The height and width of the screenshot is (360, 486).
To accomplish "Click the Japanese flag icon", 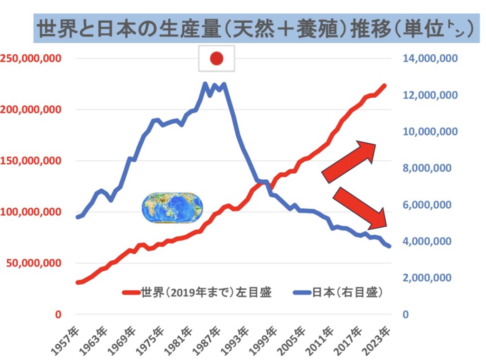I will [x=216, y=58].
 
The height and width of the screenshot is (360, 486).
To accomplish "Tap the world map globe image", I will [x=173, y=208].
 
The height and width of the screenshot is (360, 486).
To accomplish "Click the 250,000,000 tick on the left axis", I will [x=30, y=59].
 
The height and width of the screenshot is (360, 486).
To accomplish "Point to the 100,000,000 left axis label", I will [x=30, y=212].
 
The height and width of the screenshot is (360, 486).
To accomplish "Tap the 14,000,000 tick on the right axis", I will [x=430, y=59].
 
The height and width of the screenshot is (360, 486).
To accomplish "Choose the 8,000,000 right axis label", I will [x=430, y=168].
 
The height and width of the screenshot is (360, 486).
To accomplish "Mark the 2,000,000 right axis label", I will [x=430, y=278].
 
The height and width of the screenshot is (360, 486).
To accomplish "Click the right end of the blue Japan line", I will [x=389, y=246].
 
